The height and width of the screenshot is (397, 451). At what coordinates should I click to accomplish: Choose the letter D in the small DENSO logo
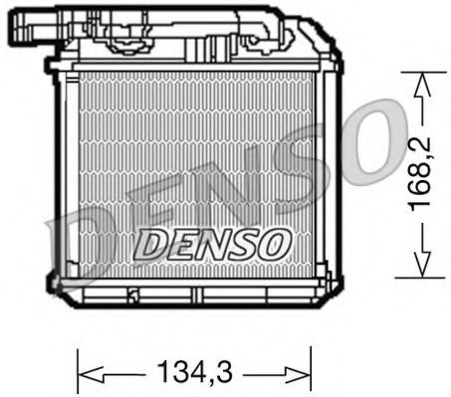click(x=146, y=242)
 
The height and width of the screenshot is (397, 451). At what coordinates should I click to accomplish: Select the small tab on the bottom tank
click(x=131, y=295)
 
